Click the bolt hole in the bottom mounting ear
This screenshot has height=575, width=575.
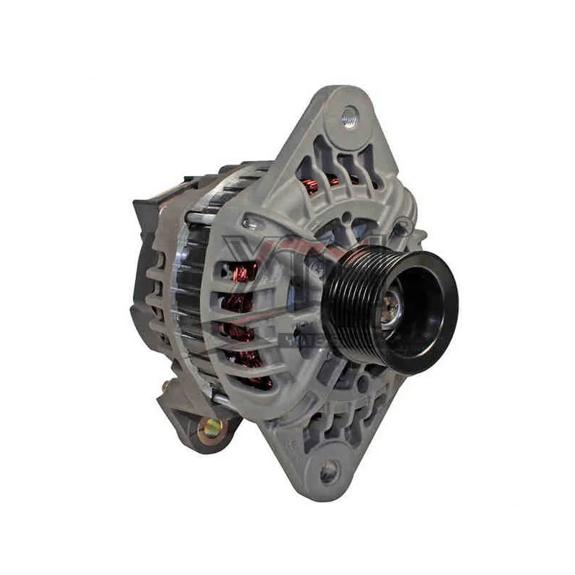328,471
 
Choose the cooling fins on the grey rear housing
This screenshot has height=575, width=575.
155,302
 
